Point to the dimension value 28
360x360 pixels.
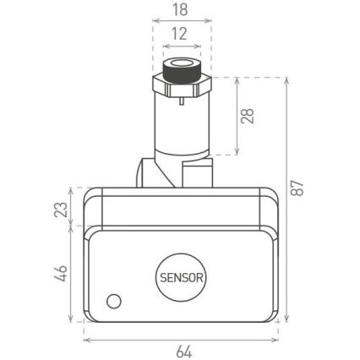click(248, 116)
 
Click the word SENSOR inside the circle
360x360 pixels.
click(180, 275)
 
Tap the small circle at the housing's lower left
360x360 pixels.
click(113, 301)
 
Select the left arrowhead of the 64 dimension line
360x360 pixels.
click(86, 340)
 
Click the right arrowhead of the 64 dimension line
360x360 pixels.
click(277, 340)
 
